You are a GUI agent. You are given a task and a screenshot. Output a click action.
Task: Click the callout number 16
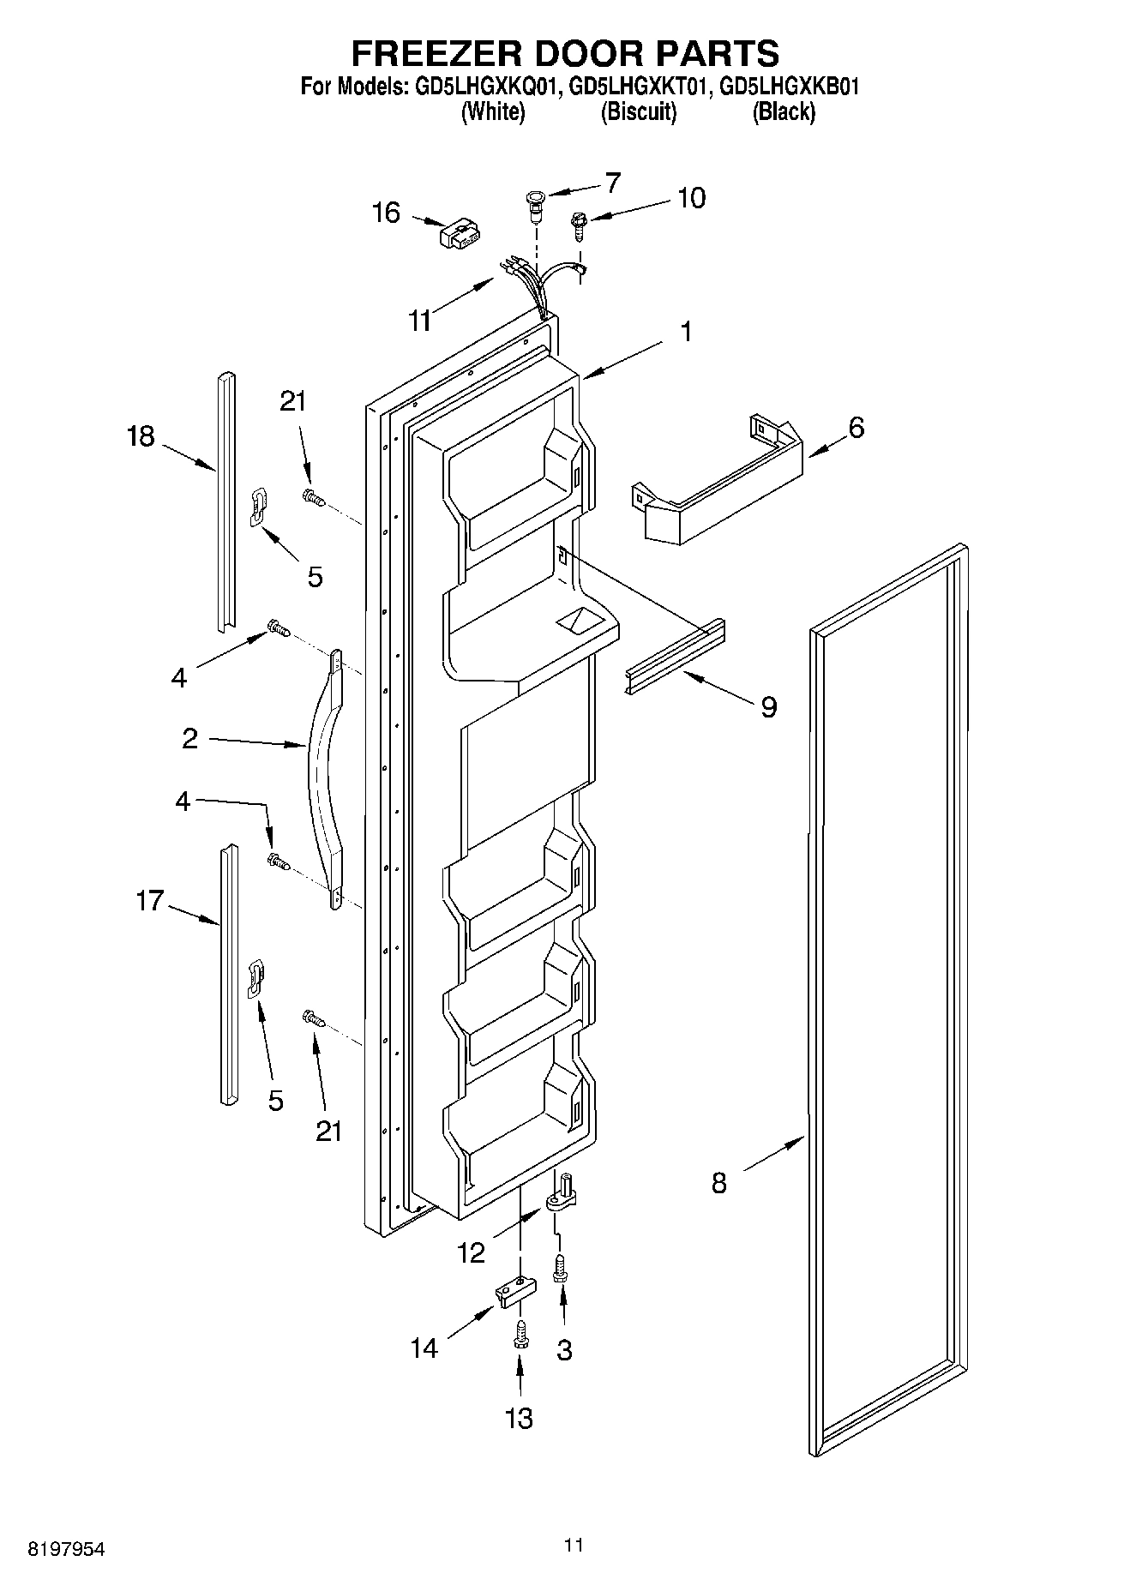click(387, 212)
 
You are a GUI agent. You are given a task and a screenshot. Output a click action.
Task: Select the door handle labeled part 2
click(326, 771)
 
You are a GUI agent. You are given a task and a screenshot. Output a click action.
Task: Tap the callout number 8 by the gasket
click(718, 1184)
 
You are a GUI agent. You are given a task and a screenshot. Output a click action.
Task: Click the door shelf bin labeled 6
click(720, 497)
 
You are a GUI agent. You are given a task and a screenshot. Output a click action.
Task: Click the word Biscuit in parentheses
click(639, 112)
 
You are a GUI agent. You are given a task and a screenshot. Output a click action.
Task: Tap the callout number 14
click(424, 1348)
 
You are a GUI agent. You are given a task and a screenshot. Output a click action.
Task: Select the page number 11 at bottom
click(574, 1545)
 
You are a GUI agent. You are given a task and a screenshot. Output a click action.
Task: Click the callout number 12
click(471, 1253)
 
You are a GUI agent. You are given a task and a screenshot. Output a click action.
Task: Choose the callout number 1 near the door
click(686, 331)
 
